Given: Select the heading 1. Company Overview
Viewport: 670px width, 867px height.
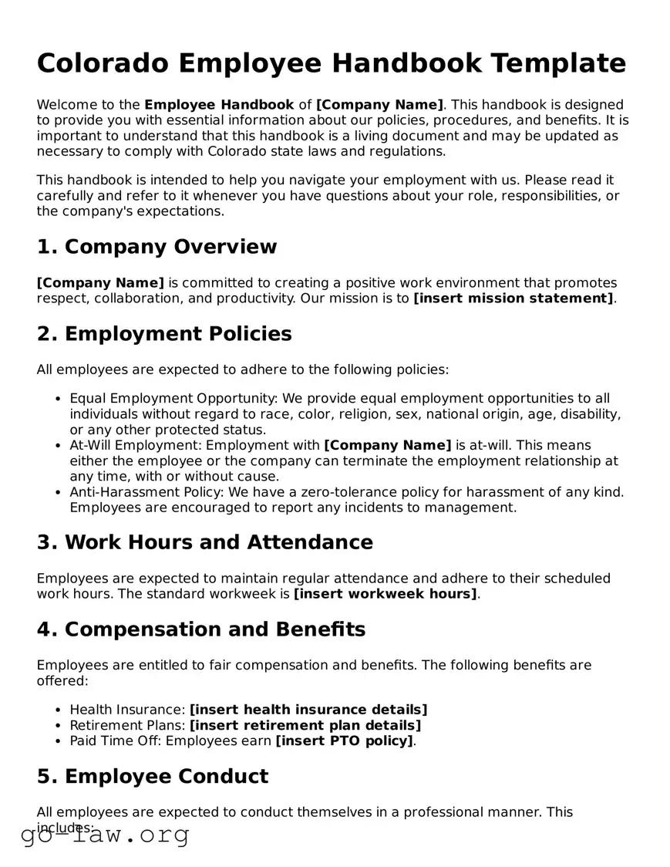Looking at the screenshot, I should [157, 247].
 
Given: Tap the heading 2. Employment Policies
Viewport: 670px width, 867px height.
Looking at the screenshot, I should [164, 334].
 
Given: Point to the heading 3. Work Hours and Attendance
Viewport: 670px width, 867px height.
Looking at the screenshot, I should [204, 542].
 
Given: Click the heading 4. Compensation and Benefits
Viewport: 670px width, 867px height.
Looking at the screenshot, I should [200, 629].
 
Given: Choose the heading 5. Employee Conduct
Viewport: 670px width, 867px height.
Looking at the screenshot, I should [153, 776].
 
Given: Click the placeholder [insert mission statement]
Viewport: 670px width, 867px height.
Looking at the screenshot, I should [513, 299].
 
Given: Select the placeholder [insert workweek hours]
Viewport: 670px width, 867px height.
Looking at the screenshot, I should [386, 594].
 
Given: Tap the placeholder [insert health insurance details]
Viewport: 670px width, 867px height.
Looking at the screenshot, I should [308, 710].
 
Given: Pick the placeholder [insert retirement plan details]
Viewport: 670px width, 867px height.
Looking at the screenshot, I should [305, 725].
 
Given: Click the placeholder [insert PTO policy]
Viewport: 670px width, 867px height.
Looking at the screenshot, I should [345, 741].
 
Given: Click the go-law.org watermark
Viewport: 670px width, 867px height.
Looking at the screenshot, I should [105, 835].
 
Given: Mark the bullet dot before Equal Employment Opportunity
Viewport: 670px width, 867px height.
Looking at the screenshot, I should [59, 400].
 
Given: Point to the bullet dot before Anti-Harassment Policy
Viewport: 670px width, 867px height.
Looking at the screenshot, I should [59, 493].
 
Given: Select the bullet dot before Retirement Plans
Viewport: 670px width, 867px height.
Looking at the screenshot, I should [59, 726].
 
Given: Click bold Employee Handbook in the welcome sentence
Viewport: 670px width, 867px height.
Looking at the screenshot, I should [219, 105].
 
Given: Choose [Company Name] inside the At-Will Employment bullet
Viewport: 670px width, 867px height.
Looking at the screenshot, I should [388, 446].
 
